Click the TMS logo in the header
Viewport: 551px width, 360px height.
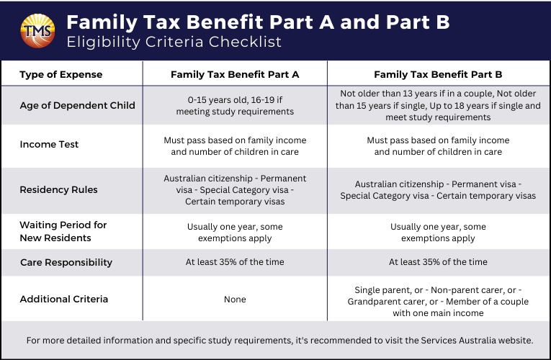37,30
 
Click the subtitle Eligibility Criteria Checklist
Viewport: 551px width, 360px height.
174,42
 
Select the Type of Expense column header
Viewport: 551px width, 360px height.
61,74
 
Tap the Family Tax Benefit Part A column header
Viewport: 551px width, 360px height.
235,74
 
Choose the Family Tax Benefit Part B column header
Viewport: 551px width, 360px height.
438,74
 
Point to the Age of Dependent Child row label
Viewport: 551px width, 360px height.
77,105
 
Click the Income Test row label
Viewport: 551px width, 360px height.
49,145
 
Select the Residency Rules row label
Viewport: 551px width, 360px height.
58,190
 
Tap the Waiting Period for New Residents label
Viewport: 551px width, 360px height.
63,232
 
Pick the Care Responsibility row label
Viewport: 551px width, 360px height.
66,262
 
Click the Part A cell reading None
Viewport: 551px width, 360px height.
235,299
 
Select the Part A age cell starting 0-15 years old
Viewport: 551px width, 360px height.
235,106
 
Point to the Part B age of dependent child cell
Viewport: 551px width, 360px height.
438,105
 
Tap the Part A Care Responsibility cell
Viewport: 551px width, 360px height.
235,262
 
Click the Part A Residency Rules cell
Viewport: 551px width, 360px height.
235,190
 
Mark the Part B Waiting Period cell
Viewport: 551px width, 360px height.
438,233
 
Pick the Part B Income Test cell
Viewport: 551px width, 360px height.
438,145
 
